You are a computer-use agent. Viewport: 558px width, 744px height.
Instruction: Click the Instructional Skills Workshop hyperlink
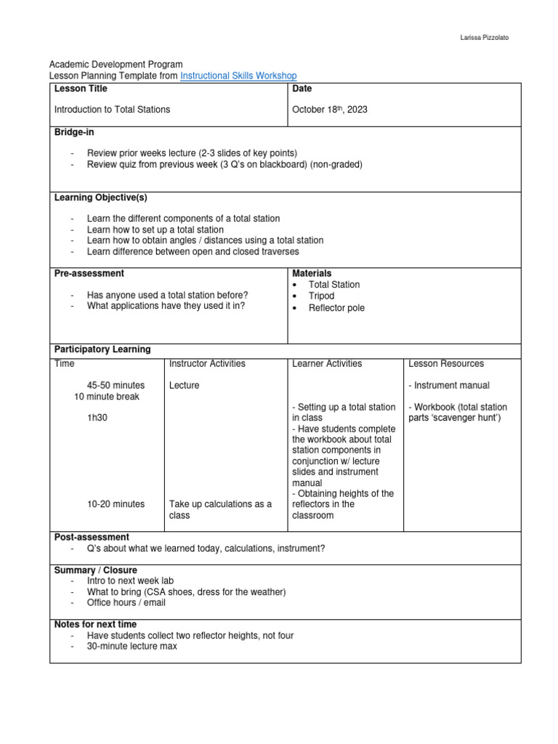238,76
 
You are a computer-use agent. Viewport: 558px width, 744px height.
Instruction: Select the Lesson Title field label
81,89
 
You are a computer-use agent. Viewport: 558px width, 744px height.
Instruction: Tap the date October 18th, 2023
330,110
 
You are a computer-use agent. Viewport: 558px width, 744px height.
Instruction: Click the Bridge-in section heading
74,132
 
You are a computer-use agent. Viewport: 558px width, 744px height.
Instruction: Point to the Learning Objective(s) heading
101,198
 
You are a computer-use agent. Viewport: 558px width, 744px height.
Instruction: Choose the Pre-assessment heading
89,273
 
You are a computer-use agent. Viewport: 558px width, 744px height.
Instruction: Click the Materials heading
312,273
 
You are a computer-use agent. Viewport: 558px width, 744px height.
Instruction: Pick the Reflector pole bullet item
336,308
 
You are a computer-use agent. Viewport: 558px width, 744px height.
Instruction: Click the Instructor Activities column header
207,363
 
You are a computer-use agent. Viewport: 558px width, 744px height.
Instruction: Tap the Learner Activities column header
327,363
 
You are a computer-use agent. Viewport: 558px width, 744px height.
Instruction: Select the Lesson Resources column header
446,363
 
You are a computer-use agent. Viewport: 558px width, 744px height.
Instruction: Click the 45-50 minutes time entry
116,385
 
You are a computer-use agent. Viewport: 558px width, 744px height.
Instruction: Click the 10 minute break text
107,397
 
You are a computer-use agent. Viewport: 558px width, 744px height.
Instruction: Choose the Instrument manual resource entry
449,385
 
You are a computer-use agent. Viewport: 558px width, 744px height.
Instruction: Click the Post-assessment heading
92,537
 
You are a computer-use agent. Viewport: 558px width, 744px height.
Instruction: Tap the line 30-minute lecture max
132,646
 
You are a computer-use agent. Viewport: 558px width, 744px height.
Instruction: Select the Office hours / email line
126,602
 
